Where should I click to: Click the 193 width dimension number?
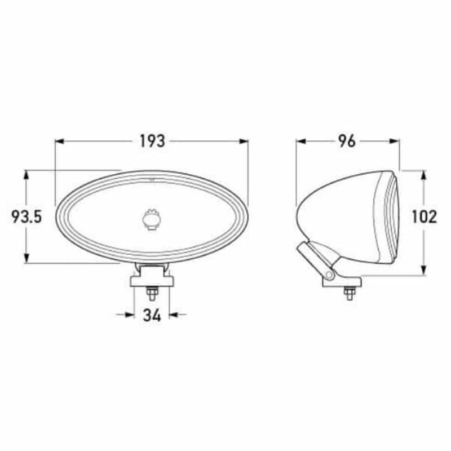(152, 141)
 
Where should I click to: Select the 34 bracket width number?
(152, 315)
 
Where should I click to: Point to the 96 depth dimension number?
(348, 141)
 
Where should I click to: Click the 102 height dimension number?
(425, 216)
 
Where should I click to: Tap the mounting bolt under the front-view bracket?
(151, 295)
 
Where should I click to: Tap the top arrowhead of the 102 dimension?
(425, 172)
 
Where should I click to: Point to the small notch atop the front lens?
(151, 180)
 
